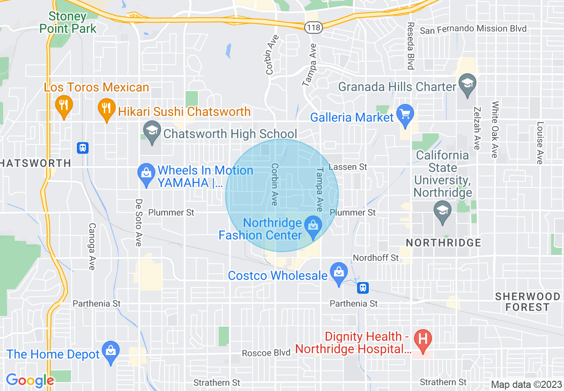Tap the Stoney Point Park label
click(x=68, y=23)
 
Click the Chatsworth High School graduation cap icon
click(x=152, y=132)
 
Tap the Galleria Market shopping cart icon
click(x=405, y=115)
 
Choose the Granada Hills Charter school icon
click(x=467, y=85)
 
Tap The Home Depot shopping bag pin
click(x=110, y=351)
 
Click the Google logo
click(x=30, y=380)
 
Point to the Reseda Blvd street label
click(x=411, y=46)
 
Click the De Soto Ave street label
click(x=139, y=222)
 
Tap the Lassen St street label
click(x=348, y=167)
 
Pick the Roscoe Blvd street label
click(x=266, y=353)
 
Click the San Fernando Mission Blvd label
click(x=473, y=29)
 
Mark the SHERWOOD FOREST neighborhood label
click(x=528, y=302)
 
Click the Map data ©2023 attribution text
click(x=525, y=384)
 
